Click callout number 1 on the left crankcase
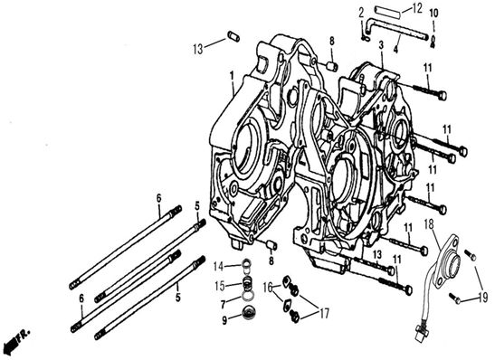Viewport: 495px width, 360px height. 232,76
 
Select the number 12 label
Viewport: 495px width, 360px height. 417,8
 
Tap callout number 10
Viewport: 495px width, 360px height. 434,14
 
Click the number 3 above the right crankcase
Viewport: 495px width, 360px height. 381,45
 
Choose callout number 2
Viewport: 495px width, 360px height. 361,13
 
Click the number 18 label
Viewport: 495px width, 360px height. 429,224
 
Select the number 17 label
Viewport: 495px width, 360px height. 324,313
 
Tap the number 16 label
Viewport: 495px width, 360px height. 268,288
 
